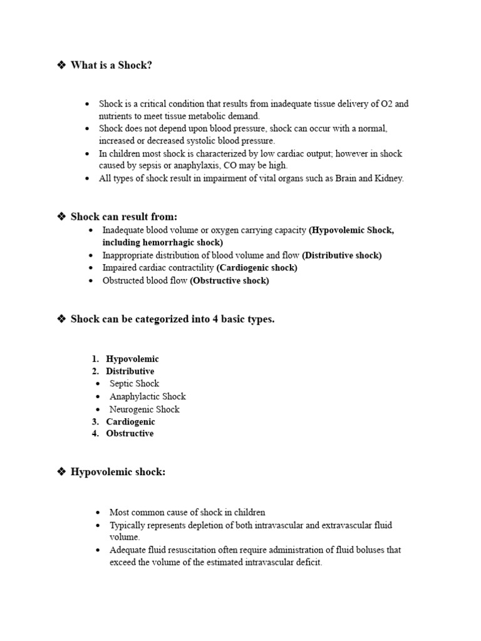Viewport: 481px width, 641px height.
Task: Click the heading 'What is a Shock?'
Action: click(111, 65)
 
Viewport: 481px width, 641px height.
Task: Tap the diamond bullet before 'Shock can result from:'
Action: click(61, 217)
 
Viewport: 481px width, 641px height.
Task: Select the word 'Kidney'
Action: click(390, 178)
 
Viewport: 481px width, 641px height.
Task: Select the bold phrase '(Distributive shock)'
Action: click(341, 255)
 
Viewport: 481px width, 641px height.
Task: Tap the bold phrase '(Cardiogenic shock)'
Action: click(257, 268)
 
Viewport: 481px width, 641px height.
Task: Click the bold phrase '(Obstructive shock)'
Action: click(229, 281)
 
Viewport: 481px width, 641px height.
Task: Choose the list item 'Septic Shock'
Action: click(134, 384)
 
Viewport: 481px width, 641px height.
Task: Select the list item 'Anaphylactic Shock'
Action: click(147, 396)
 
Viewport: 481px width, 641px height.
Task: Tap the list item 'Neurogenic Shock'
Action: click(144, 409)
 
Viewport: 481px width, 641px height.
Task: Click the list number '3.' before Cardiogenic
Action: click(95, 422)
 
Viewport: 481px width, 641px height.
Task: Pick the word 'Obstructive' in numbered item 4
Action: click(130, 434)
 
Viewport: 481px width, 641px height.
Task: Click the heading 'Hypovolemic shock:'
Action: click(118, 472)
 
